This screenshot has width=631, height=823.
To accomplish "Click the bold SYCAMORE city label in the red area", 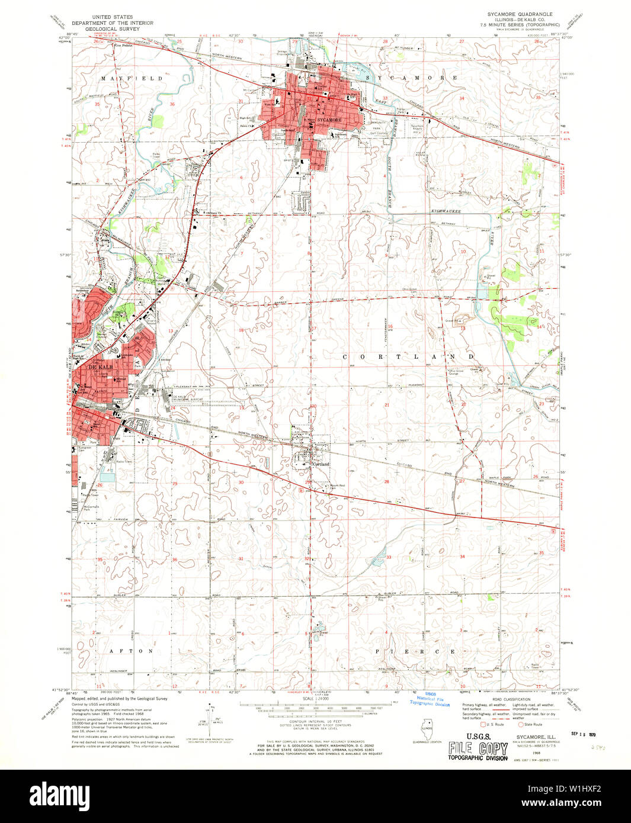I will coord(329,120).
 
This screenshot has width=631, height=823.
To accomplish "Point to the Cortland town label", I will coord(321,464).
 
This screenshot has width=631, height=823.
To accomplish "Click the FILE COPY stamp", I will coord(478,748).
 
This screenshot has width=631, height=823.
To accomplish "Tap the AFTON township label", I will coord(129,651).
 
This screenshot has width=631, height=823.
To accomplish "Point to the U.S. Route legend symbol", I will coord(483,724).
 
